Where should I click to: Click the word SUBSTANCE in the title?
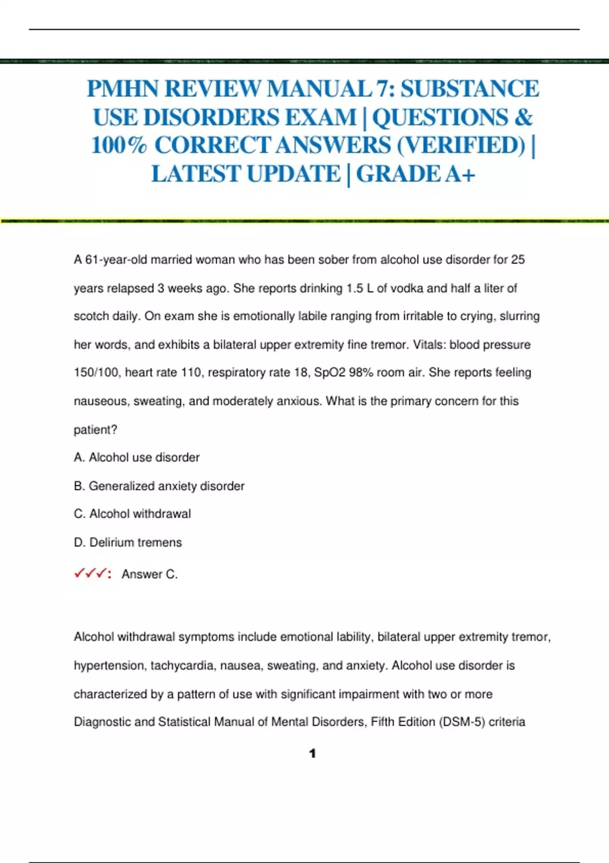point(470,89)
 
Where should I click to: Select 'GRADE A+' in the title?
point(416,174)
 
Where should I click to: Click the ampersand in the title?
point(523,118)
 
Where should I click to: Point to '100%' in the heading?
point(119,146)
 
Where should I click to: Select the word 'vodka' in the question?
point(407,288)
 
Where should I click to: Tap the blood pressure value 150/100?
point(96,373)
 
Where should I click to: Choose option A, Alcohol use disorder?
point(137,457)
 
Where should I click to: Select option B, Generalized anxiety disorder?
point(159,486)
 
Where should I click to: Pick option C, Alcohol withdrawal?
point(132,514)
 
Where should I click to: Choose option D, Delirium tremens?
point(128,542)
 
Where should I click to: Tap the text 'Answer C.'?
point(150,574)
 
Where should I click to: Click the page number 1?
point(312,753)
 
